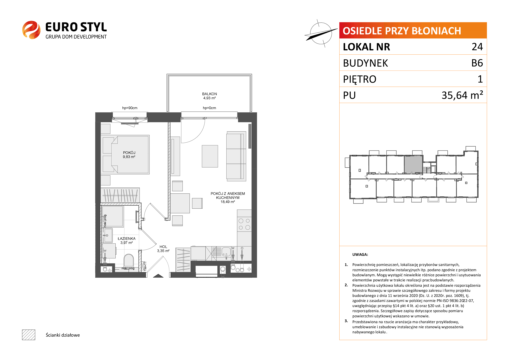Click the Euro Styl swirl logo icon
tap(31, 30)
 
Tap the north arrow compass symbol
tap(321, 33)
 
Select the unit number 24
tap(477, 47)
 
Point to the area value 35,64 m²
tap(462, 95)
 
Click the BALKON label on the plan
tap(209, 94)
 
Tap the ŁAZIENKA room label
tap(127, 238)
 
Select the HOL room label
tap(163, 247)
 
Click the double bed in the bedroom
tap(125, 155)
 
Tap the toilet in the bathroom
tap(129, 260)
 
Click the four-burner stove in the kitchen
tap(244, 224)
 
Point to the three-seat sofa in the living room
tap(236, 156)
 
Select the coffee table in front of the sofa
tap(210, 156)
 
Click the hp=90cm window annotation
tap(130, 108)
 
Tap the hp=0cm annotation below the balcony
tap(209, 108)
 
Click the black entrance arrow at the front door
tap(158, 276)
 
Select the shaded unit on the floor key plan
tap(413, 165)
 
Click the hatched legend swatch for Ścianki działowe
tap(29, 335)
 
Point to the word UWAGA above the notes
tap(360, 255)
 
